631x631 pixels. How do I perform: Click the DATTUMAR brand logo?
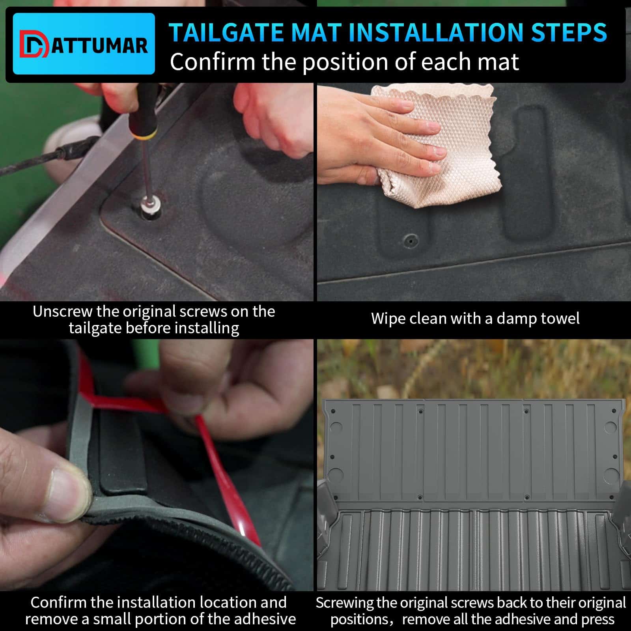(x=84, y=44)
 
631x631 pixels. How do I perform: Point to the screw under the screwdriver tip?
(x=150, y=205)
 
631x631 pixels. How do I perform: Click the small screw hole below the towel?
(x=411, y=239)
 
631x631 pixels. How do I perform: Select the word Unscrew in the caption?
(x=62, y=312)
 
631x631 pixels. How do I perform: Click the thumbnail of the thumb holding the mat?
(x=65, y=489)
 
